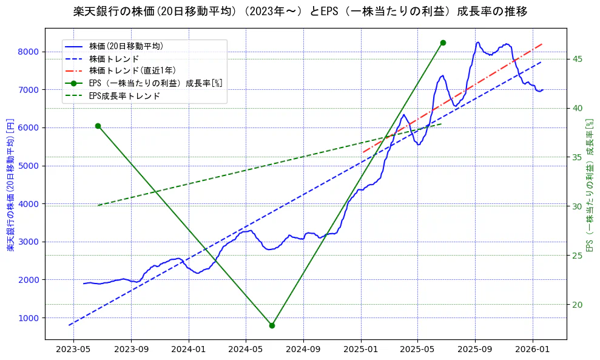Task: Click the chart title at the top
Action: click(300, 12)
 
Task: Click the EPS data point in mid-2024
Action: click(272, 325)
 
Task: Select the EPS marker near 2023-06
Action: click(98, 126)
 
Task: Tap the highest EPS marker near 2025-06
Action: click(443, 42)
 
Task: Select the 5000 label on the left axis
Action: click(30, 166)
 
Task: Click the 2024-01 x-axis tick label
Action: click(188, 350)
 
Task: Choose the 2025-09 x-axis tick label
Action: click(475, 350)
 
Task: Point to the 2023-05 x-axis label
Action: click(73, 350)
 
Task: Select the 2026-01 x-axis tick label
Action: click(532, 350)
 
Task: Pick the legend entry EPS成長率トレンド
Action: click(124, 95)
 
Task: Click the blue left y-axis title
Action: click(10, 186)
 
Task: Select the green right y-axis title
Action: click(588, 186)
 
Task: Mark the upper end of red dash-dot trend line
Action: click(542, 44)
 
